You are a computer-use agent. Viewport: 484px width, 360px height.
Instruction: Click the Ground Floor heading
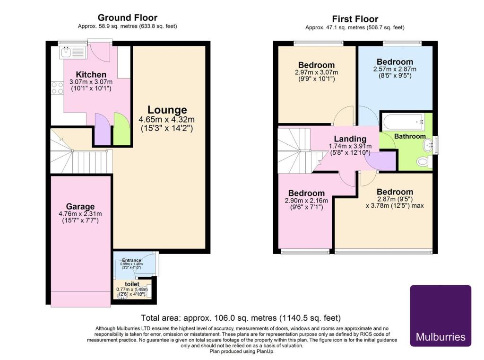pos(127,18)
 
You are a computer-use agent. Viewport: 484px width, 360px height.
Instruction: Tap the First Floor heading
pos(354,19)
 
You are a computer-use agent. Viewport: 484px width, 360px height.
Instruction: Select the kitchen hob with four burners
pos(57,88)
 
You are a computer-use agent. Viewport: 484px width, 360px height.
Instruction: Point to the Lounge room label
pos(167,110)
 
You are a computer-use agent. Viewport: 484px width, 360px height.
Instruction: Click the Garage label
pos(80,206)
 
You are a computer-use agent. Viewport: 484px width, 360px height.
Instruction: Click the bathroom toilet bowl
pos(423,162)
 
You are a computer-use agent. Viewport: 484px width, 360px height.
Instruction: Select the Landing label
pos(350,139)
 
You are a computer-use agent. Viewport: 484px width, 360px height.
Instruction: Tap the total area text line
pos(241,318)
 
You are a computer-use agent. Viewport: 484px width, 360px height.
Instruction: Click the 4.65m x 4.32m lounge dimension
pos(167,119)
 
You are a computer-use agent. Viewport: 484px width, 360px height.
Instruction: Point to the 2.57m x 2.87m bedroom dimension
pos(395,69)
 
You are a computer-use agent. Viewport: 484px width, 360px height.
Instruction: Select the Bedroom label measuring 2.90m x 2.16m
pos(306,193)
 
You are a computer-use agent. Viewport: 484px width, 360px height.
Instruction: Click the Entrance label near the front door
pos(132,260)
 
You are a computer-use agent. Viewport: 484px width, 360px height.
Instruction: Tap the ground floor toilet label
pos(132,284)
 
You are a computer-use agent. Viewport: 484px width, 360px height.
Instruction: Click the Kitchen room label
pos(91,75)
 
